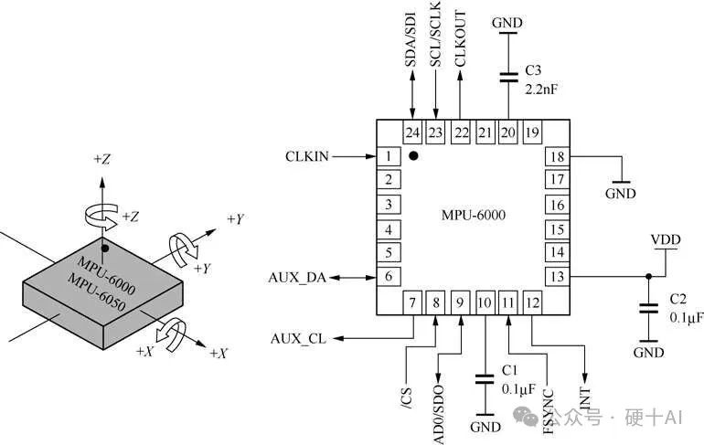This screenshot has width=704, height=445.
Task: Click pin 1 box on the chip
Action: pos(389,156)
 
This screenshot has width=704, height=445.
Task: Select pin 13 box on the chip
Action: pos(556,276)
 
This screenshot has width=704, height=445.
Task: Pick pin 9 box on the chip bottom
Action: pos(460,301)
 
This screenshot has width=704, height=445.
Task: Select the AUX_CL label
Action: pos(298,339)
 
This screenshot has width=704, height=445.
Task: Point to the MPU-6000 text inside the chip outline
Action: pos(474,216)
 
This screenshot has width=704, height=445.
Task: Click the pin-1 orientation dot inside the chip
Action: pos(413,156)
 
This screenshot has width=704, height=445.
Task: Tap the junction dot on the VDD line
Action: pos(649,276)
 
